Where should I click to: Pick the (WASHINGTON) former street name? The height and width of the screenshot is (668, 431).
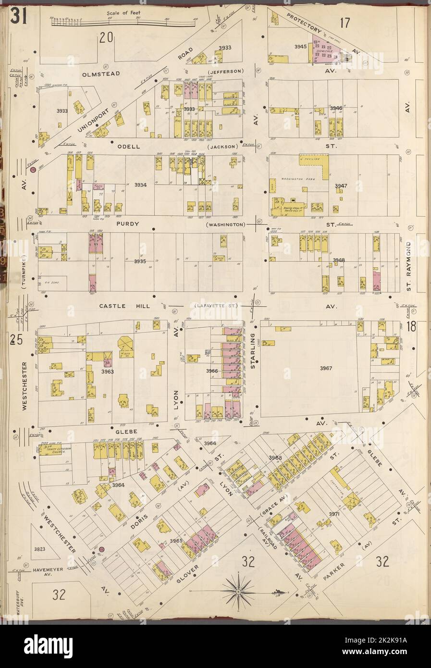click(x=225, y=224)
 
